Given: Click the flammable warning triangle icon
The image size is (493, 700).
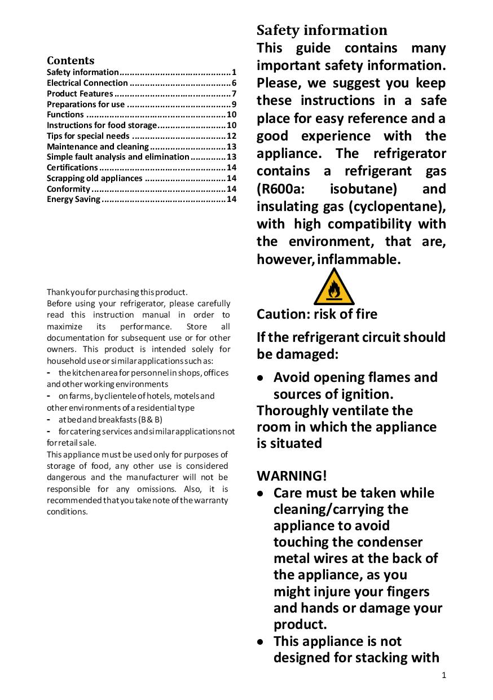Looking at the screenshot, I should [x=334, y=288].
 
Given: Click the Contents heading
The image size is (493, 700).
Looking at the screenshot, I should [x=71, y=60].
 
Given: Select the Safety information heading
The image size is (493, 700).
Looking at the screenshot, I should [x=322, y=30].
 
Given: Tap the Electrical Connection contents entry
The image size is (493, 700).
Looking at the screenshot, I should [x=87, y=83].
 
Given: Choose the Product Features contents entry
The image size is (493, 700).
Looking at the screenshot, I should [x=80, y=94].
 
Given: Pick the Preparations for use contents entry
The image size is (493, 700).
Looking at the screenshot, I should [x=86, y=104].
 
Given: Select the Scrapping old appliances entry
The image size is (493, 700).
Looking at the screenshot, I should [x=95, y=178].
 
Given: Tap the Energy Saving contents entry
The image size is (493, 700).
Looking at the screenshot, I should [x=73, y=199].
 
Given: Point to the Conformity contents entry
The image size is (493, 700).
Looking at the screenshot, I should [x=68, y=189].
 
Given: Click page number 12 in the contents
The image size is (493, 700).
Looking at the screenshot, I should [x=231, y=136].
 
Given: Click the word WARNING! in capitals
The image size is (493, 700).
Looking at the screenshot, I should [x=292, y=476].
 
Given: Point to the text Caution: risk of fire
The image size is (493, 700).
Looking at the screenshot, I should [x=317, y=314].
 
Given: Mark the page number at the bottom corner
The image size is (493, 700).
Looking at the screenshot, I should [x=444, y=675].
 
